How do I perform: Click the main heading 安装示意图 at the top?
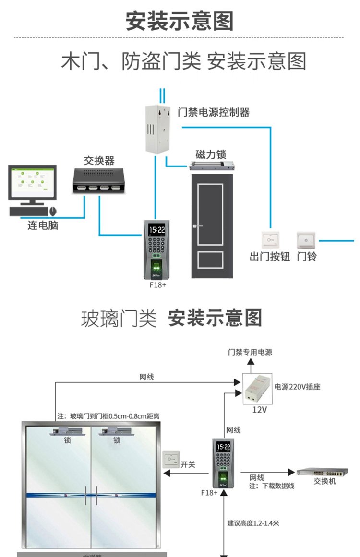click(180, 21)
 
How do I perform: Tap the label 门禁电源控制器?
click(213, 112)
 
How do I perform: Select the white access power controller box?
click(158, 129)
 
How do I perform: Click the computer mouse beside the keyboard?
click(53, 211)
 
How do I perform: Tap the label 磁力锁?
click(211, 154)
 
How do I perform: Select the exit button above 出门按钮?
click(270, 239)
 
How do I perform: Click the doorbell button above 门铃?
click(306, 239)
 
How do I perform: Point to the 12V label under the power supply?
click(259, 410)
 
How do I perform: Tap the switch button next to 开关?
click(171, 460)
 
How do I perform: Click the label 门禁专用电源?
click(250, 352)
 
